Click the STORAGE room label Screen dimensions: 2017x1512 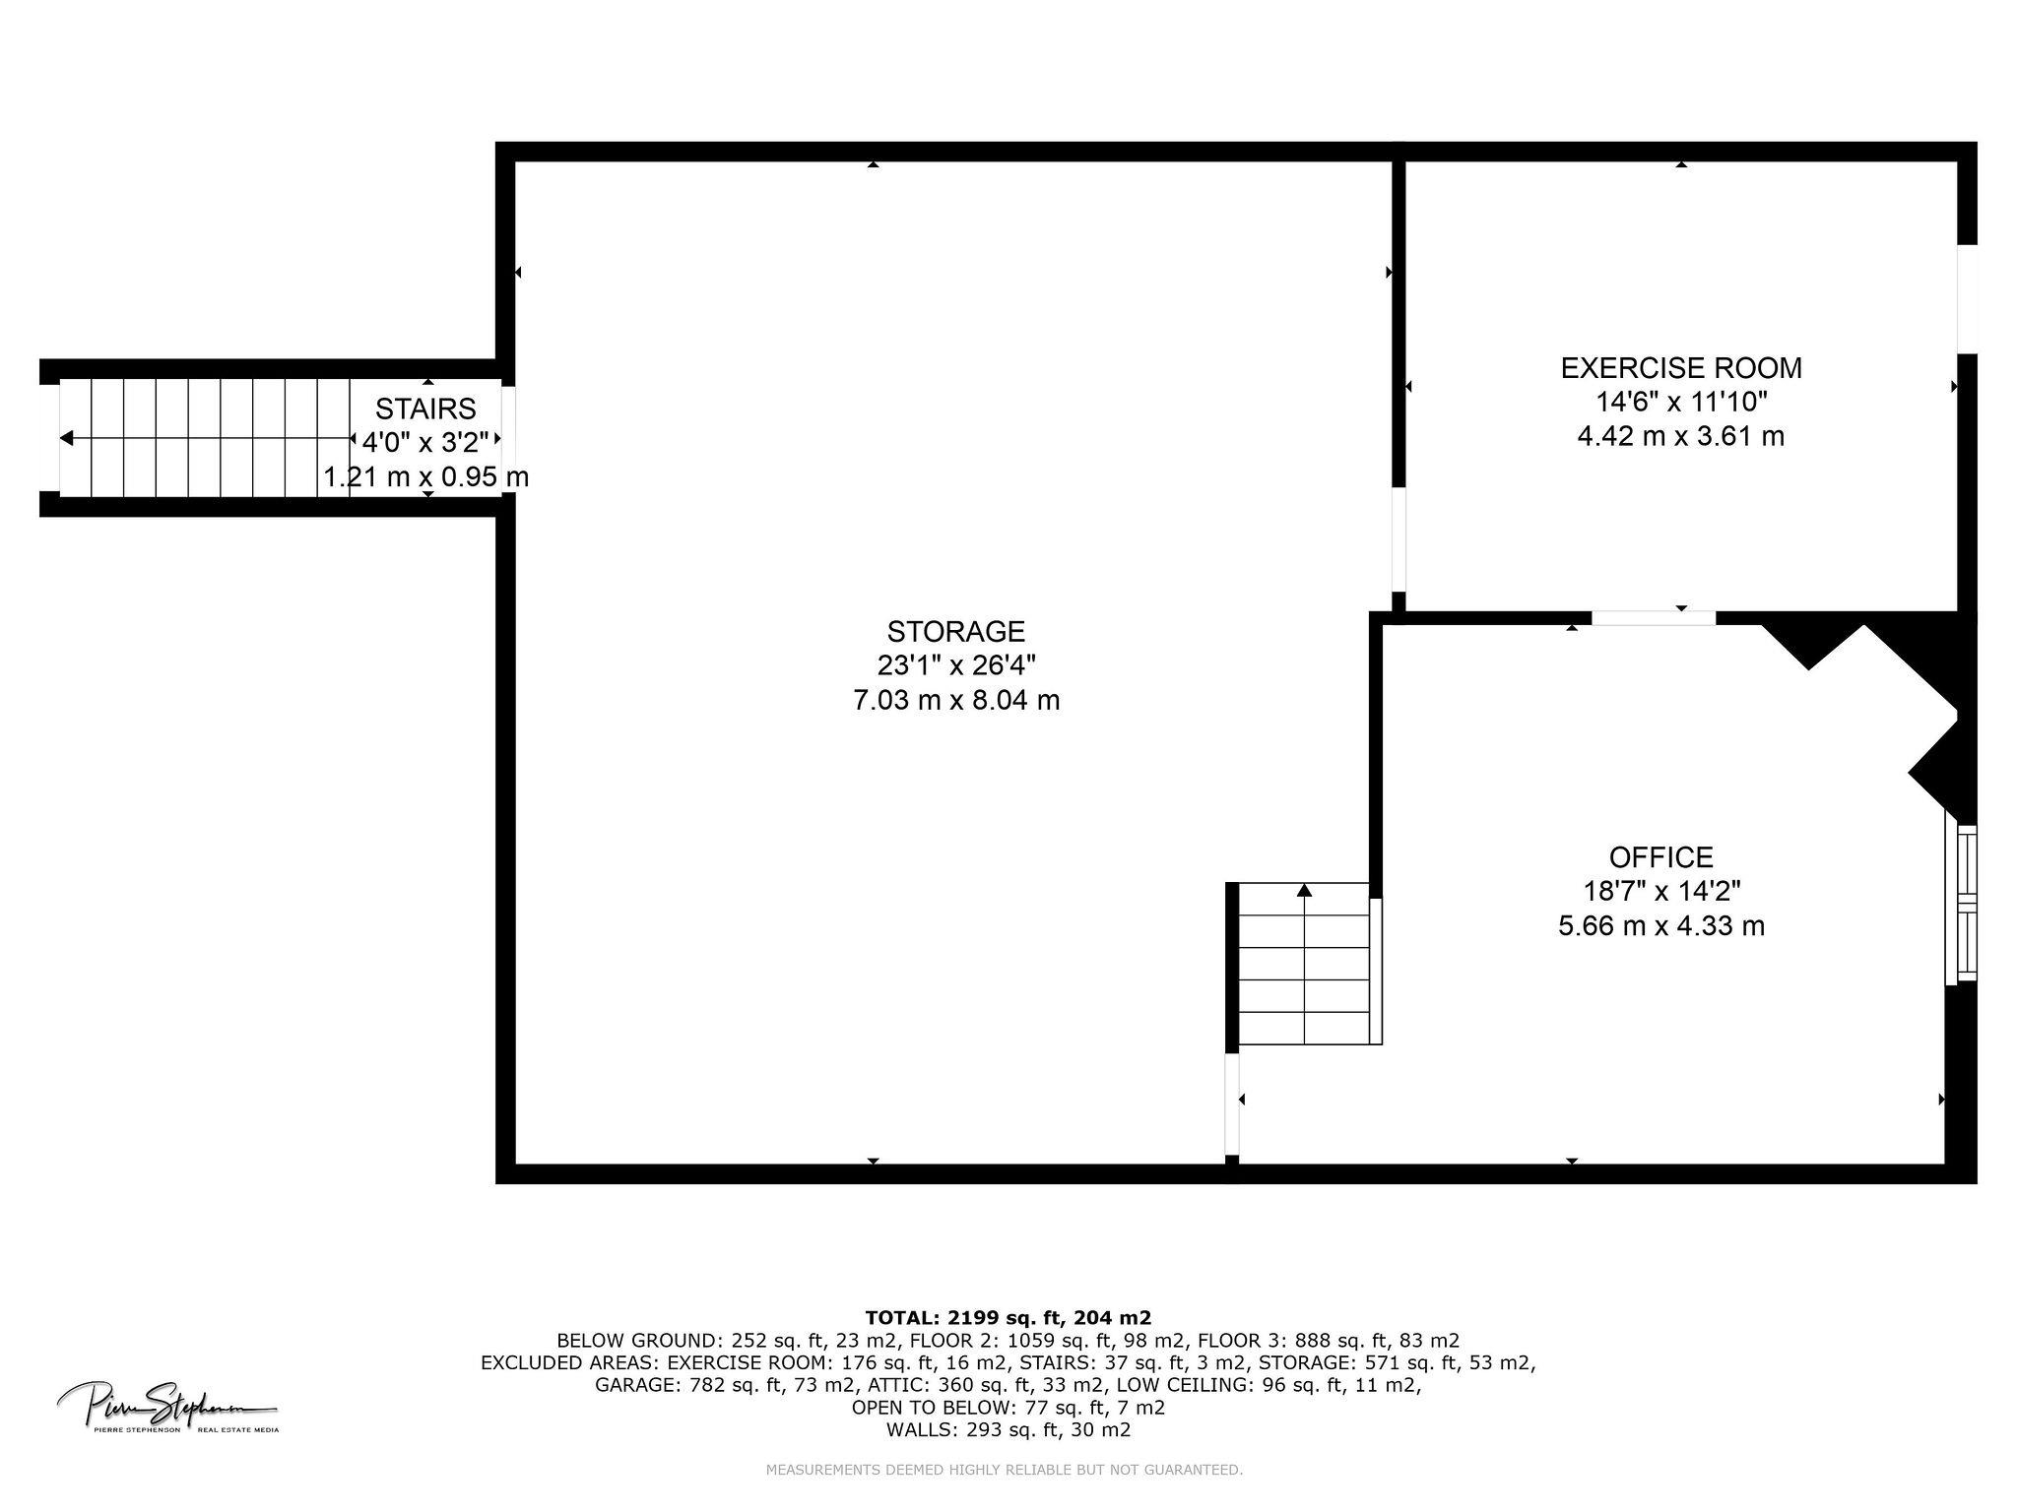(955, 631)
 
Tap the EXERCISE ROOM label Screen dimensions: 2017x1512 (1681, 368)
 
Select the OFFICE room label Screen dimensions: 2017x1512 (1660, 856)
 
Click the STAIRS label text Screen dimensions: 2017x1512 (425, 409)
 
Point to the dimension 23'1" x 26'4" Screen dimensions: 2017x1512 (955, 666)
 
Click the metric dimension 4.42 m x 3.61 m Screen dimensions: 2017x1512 (1681, 436)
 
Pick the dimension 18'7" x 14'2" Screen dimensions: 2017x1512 (1660, 892)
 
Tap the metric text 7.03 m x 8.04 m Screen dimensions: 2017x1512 (955, 701)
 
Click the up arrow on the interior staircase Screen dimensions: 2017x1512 (1305, 890)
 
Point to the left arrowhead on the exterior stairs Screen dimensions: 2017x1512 (66, 438)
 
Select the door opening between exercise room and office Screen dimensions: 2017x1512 (1654, 618)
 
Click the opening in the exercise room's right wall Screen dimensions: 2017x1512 (1967, 298)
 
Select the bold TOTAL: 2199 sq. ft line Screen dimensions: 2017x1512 (1008, 1317)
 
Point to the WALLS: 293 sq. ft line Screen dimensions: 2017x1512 (1008, 1430)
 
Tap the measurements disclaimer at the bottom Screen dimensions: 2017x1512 (1005, 1471)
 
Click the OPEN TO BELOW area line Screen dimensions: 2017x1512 (1008, 1408)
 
